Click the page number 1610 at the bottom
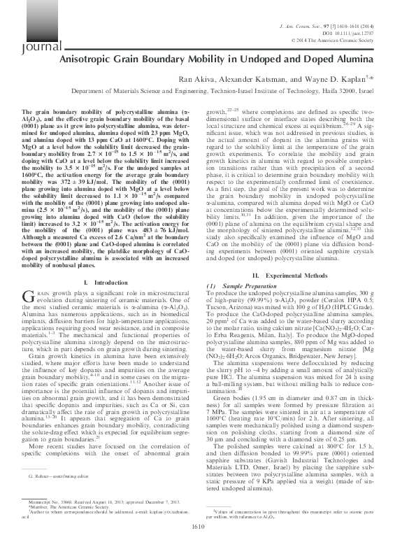(208, 537)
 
